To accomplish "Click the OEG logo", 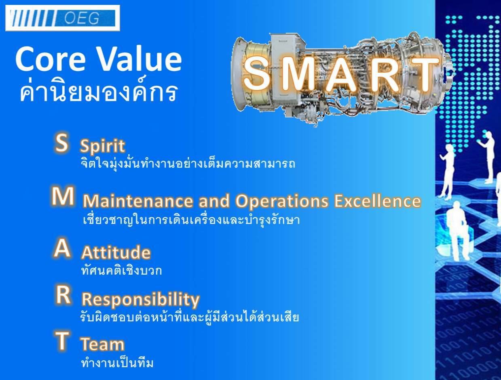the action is click(x=63, y=18).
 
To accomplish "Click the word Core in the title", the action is click(x=50, y=59).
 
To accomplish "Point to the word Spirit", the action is click(x=102, y=145).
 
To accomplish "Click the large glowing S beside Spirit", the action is click(x=61, y=143).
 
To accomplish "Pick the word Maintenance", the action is click(x=137, y=201).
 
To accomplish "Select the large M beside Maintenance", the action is click(x=62, y=196).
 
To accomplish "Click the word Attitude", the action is click(x=116, y=252).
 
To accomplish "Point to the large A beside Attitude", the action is click(x=62, y=249).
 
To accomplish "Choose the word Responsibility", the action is click(x=141, y=300).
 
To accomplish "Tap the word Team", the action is click(x=102, y=344).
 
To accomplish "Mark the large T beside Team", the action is click(x=62, y=341).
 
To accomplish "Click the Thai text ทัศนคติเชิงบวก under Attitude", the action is click(x=121, y=270).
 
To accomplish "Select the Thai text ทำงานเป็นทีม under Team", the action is click(x=117, y=363).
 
